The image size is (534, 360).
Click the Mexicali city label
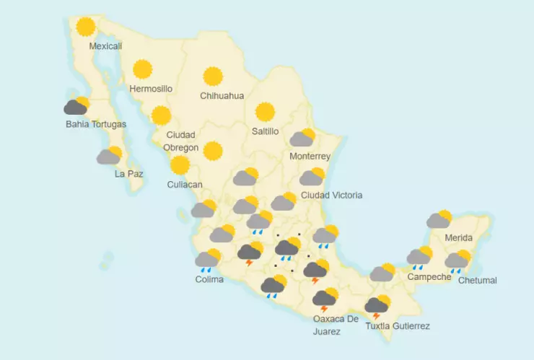tap(105, 46)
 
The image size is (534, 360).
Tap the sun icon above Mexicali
tap(87, 27)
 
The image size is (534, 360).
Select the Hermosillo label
tap(151, 89)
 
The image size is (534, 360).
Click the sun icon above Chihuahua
tap(213, 76)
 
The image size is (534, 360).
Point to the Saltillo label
tap(265, 131)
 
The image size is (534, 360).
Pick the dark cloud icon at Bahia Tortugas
tap(76, 107)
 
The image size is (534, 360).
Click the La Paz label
tap(128, 174)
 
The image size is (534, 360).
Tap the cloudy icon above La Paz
tap(110, 155)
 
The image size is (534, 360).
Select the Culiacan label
tap(185, 185)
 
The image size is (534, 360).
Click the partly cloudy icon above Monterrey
tap(303, 138)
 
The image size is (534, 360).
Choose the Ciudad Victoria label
tap(331, 196)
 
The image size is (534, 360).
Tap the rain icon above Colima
tap(208, 260)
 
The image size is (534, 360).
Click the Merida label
tap(458, 238)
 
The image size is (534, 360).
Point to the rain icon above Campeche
tap(419, 257)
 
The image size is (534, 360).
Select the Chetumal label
tap(478, 281)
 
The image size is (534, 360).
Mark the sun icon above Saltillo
tap(265, 112)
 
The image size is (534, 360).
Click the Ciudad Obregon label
tap(181, 141)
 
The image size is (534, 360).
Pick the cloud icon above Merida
tap(439, 219)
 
